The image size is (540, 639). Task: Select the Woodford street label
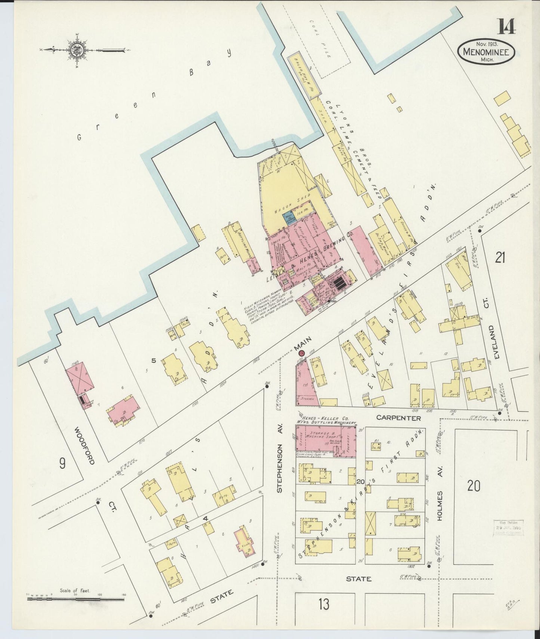[84, 445]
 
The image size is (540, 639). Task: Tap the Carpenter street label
[399, 418]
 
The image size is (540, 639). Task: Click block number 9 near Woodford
[62, 463]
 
